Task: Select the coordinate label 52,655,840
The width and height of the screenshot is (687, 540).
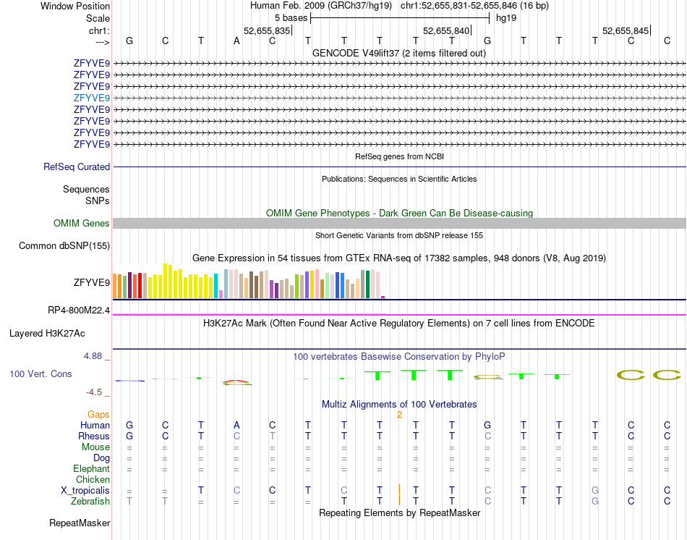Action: pos(446,30)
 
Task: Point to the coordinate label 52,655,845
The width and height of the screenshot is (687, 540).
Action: pos(626,30)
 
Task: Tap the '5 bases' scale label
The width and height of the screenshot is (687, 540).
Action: pos(291,17)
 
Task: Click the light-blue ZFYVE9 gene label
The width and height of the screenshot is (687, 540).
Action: pos(91,98)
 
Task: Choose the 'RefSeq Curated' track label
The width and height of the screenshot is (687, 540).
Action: pos(77,166)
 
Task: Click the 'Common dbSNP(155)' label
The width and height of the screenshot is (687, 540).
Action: pos(64,246)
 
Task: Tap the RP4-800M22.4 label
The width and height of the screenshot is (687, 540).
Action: pos(79,311)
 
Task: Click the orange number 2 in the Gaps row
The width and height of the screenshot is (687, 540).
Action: pos(399,414)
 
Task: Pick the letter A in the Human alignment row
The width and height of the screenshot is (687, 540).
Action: pos(236,425)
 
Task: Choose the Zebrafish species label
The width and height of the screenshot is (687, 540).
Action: pos(90,501)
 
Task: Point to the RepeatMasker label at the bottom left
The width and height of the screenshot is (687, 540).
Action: pos(80,523)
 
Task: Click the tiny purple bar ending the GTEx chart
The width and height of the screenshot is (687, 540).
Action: pos(383,297)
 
